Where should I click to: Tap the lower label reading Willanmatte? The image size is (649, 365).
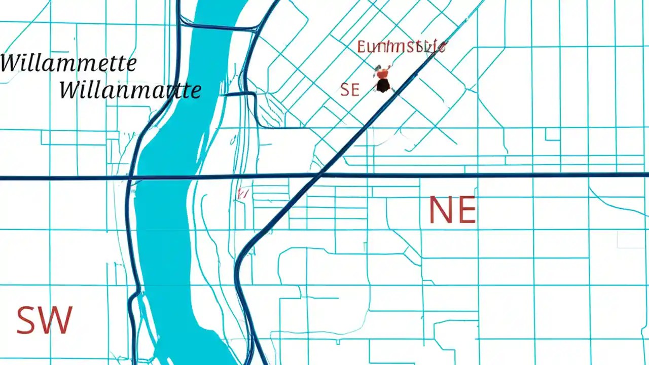pos(130,90)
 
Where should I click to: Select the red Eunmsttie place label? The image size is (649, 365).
pos(401,47)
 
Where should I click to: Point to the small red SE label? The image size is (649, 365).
pos(350,90)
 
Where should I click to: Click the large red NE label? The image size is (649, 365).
pos(452,210)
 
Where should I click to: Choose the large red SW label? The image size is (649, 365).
pos(45,320)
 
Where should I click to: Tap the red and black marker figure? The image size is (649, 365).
pos(383,80)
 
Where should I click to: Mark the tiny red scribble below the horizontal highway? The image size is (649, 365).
pos(242,193)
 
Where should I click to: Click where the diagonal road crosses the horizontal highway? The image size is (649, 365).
pos(319,176)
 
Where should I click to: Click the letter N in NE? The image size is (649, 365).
pos(440,210)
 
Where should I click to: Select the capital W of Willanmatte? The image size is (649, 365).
pos(71,90)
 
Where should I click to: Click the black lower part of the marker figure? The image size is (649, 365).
pos(383,86)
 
